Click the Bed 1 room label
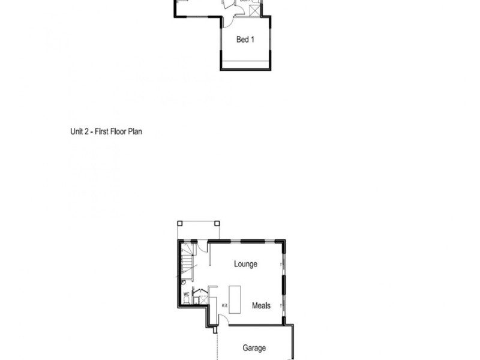click(245, 40)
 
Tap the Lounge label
click(245, 264)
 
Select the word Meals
click(261, 305)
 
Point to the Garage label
click(254, 348)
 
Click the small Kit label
click(225, 305)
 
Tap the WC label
click(186, 294)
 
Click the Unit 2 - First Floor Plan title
click(106, 131)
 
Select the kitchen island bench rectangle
click(234, 298)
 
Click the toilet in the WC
click(186, 301)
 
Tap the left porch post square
click(179, 223)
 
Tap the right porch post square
click(217, 223)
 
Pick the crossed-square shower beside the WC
click(203, 300)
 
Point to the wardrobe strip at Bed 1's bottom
click(245, 64)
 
